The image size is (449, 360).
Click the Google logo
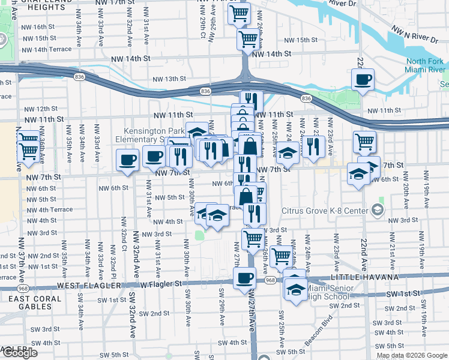pos(19,353)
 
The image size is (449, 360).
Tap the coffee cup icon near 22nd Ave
pos(363,79)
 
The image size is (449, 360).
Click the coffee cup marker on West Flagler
pos(244,278)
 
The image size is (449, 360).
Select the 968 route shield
pos(270,280)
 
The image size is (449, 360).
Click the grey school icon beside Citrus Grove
pos(377,209)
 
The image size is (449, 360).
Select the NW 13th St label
pos(169,79)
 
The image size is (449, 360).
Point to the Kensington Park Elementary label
pos(144,135)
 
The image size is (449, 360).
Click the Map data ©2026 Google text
pos(411,355)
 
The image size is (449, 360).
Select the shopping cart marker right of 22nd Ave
pos(364,142)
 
